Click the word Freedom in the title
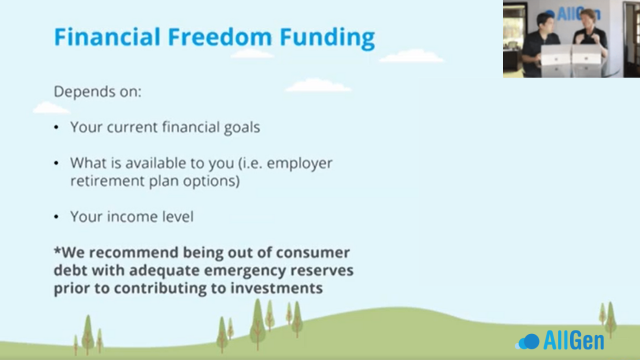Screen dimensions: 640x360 click(x=219, y=37)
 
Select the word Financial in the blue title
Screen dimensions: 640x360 click(x=107, y=37)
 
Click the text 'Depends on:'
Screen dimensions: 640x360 click(x=97, y=91)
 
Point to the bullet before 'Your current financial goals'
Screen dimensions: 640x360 click(x=56, y=127)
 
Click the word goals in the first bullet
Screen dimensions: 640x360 click(x=242, y=127)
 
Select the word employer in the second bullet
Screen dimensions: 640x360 click(x=299, y=163)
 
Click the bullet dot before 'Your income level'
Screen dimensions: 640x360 click(x=56, y=217)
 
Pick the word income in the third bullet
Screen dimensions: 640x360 click(x=133, y=216)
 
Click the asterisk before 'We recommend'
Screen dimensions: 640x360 click(x=57, y=250)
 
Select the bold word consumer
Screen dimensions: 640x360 click(x=313, y=253)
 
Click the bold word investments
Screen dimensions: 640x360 click(x=276, y=288)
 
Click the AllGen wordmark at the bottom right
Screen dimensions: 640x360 click(x=573, y=340)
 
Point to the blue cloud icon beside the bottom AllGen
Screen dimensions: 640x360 click(x=528, y=341)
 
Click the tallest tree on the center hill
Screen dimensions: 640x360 click(x=257, y=324)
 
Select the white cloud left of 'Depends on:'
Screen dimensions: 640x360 click(x=51, y=108)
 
